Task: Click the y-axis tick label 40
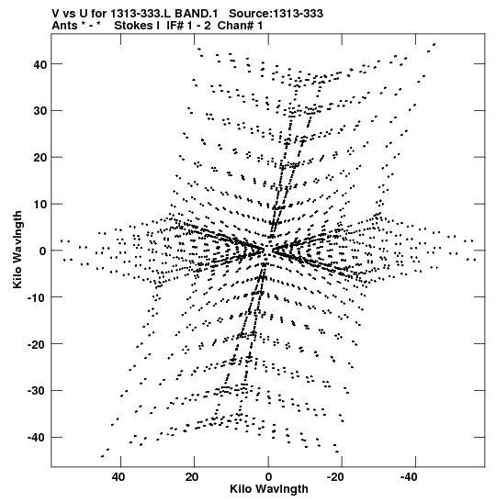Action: tap(40, 64)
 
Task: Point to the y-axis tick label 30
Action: tap(40, 111)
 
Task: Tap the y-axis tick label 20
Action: tap(40, 158)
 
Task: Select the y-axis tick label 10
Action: tap(40, 205)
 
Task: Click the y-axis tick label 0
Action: tap(43, 251)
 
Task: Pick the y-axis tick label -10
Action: tap(38, 297)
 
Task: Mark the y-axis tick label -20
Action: tap(38, 344)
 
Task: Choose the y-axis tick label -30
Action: tap(38, 391)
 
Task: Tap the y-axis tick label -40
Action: tap(38, 438)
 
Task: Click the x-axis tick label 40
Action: tap(118, 477)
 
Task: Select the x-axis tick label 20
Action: tap(192, 477)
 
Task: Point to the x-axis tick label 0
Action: tap(268, 477)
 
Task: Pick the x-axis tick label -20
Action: tap(335, 477)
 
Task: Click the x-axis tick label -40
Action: tap(409, 477)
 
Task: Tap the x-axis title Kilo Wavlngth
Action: tap(269, 489)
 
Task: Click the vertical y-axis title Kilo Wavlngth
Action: tap(17, 250)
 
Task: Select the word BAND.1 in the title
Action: tap(196, 14)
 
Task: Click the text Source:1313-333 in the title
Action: tap(276, 14)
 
